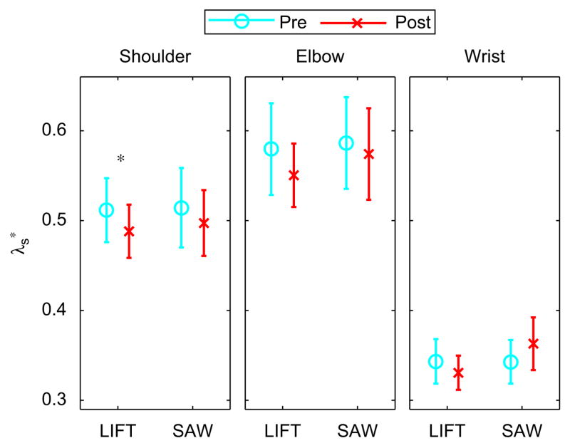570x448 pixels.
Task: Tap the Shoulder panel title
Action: (x=155, y=57)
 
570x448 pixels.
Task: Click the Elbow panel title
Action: (x=319, y=57)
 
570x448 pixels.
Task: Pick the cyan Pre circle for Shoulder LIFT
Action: (x=106, y=209)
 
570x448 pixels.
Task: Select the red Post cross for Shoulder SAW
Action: (x=204, y=223)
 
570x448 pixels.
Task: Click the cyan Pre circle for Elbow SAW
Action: (x=346, y=143)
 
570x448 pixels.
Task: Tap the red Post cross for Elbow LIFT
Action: (x=294, y=175)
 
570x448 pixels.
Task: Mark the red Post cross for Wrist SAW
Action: (x=533, y=344)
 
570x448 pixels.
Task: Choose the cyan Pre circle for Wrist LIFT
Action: (x=435, y=362)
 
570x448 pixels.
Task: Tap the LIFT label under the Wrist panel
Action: (x=447, y=430)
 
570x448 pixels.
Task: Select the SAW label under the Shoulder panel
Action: (x=192, y=430)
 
